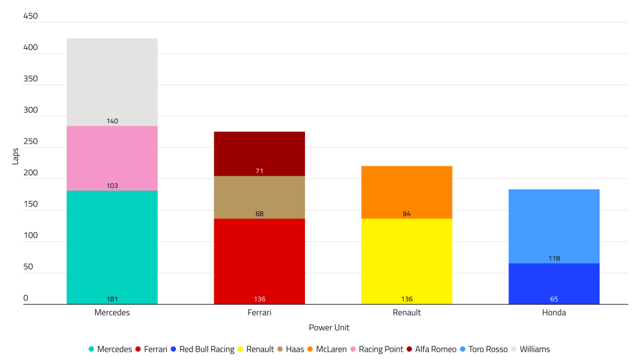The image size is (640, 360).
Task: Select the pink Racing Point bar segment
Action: point(112,157)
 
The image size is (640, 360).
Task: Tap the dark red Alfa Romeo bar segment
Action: point(259,153)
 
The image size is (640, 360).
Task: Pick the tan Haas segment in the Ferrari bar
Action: point(259,196)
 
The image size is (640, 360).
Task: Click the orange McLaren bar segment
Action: point(406,191)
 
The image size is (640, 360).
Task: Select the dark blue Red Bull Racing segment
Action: point(553,282)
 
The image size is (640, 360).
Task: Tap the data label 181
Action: point(112,299)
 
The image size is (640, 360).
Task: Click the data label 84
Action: point(406,214)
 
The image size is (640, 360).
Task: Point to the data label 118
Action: point(553,259)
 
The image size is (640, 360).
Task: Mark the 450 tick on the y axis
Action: point(30,17)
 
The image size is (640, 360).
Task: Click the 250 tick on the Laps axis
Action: point(30,142)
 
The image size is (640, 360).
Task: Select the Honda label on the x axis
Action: point(553,313)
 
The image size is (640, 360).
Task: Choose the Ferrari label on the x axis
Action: point(259,313)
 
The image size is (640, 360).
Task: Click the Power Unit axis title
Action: point(329,327)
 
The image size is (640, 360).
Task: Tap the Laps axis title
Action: point(15,156)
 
